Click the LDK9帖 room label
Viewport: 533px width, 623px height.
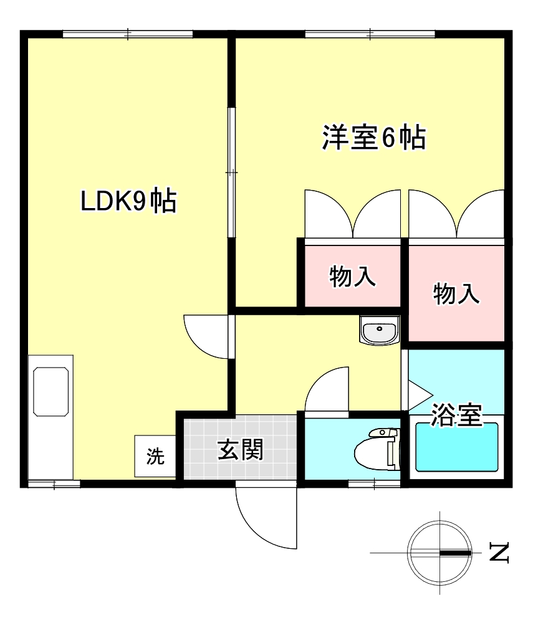coord(128,201)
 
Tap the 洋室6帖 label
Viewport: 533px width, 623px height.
coord(373,138)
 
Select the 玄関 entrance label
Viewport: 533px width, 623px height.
coord(240,449)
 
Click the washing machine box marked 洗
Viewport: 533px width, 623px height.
coord(155,456)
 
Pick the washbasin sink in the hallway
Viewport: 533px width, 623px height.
coord(379,330)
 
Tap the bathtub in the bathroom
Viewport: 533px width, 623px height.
coord(457,447)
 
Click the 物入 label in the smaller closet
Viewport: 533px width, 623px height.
coord(352,277)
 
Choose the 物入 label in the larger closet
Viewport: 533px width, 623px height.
coord(456,293)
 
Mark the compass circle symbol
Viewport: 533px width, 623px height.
coord(439,552)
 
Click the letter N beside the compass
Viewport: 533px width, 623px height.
coord(499,552)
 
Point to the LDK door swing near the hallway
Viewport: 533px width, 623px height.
coord(208,336)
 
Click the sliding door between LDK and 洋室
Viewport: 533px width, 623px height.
coord(231,173)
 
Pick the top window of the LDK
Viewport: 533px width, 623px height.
coord(127,34)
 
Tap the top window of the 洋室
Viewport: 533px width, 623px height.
coord(370,34)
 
